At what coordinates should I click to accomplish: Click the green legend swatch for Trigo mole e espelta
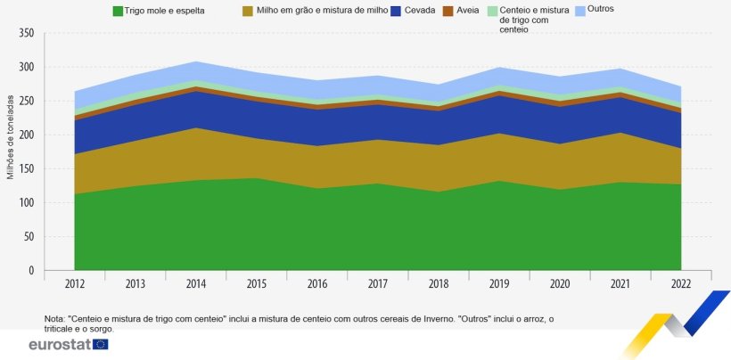click(x=117, y=12)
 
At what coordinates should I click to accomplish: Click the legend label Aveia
click(x=468, y=11)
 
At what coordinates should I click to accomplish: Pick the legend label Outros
click(x=601, y=9)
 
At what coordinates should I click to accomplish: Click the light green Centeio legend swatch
click(x=491, y=11)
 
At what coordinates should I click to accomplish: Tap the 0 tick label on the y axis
click(x=30, y=271)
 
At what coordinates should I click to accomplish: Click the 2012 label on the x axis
click(x=74, y=284)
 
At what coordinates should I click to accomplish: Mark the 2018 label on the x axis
click(x=439, y=284)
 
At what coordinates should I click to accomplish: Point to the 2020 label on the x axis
click(x=560, y=284)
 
